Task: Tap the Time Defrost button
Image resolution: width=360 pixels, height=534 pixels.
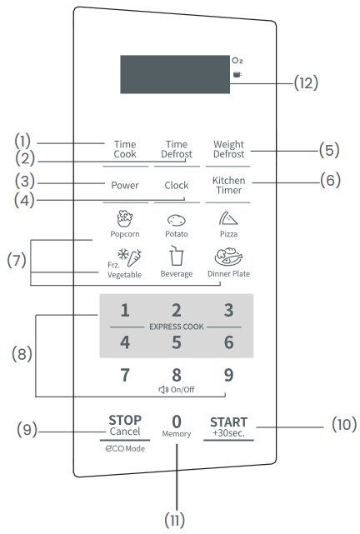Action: (x=177, y=149)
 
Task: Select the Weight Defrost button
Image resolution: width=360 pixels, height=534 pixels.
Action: (x=228, y=149)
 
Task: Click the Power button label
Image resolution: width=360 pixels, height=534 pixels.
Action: (x=124, y=185)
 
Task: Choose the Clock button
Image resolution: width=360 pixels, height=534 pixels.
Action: (x=177, y=185)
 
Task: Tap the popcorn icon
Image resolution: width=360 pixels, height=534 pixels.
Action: (x=125, y=219)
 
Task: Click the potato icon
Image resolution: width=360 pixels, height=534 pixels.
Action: (x=177, y=221)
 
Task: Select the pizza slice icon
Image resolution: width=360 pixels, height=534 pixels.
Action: (x=228, y=219)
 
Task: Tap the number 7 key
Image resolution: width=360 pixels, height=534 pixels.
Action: (x=125, y=375)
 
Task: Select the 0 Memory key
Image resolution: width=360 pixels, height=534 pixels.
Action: (x=177, y=425)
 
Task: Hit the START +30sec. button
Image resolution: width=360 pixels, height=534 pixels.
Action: (x=228, y=425)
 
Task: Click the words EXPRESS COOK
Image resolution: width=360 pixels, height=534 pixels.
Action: (x=177, y=327)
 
